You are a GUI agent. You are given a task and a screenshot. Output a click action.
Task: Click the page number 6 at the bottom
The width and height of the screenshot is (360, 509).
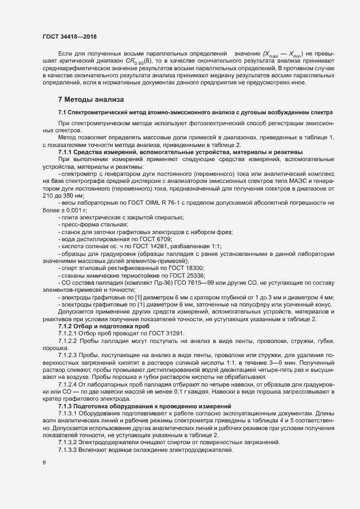44,463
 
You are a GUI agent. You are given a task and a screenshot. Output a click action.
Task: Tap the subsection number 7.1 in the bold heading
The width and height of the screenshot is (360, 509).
63,112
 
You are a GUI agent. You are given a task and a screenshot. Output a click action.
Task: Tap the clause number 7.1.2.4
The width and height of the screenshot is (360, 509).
69,383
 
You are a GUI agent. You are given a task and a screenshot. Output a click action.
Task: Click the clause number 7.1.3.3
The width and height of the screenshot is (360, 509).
69,453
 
